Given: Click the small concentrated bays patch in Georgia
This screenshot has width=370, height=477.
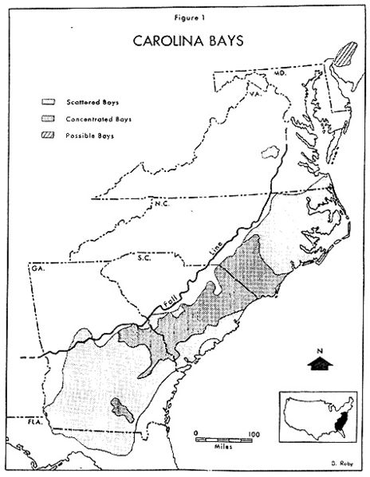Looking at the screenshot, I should [120, 409].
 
